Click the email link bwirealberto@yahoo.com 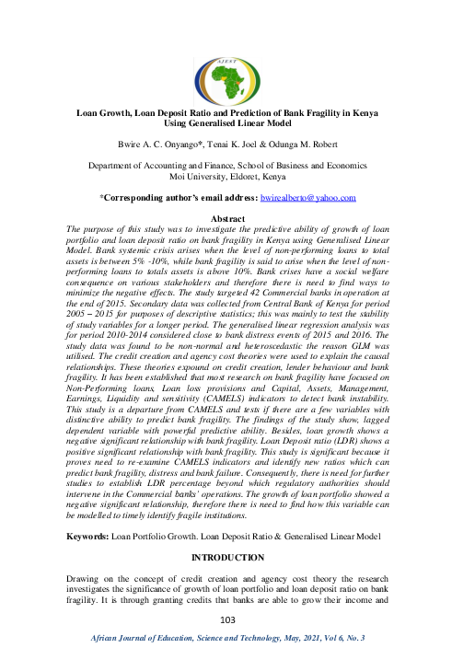pyautogui.click(x=308, y=198)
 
